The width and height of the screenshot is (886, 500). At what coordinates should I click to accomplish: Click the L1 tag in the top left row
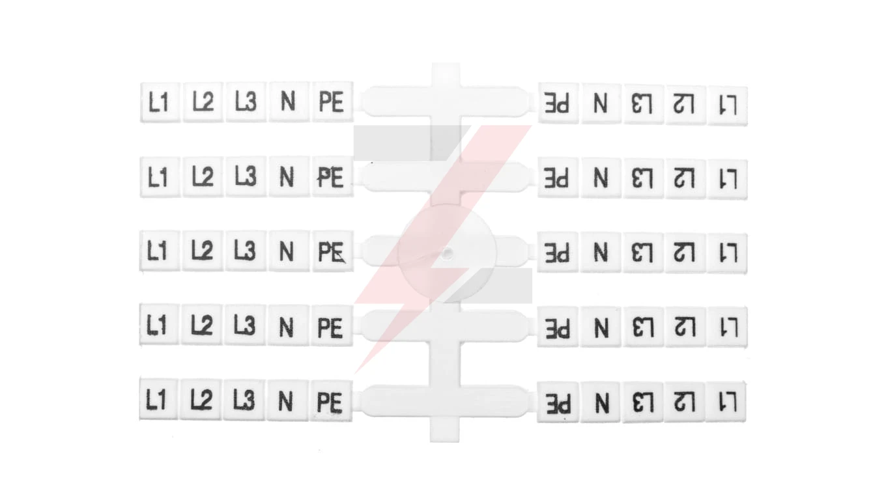point(160,102)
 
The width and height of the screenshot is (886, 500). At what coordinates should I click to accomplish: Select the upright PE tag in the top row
point(332,102)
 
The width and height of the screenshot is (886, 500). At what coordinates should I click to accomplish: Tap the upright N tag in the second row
point(289,176)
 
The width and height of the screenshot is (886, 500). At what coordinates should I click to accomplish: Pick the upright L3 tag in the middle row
point(246,251)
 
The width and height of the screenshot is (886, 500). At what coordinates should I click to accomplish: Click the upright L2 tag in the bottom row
point(201,400)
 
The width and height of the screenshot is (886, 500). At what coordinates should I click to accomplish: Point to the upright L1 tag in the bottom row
point(159,399)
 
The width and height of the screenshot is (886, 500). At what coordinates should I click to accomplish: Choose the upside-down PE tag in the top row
point(558,104)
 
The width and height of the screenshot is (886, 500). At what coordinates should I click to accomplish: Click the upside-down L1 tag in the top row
point(728,105)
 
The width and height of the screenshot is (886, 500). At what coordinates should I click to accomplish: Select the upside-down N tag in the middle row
point(601,252)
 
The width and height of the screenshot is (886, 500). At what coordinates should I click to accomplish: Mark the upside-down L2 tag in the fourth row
point(685,327)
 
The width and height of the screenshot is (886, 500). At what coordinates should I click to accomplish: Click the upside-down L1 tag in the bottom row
point(726,402)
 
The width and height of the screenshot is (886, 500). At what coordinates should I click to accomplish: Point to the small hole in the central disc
point(448,253)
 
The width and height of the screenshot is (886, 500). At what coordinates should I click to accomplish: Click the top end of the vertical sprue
point(446,63)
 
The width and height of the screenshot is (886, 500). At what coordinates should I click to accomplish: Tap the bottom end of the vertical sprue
point(444,441)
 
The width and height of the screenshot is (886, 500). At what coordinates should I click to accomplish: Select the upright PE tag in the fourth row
point(331,326)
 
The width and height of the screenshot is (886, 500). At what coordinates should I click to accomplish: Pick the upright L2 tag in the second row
point(203,176)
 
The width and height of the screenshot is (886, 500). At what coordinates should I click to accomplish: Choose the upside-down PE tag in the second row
point(558,178)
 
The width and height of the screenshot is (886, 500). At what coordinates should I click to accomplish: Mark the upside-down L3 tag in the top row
point(643,104)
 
